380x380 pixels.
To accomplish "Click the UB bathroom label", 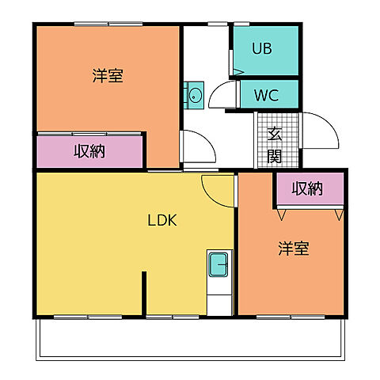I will coord(262,48).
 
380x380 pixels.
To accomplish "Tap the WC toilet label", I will coord(265,96).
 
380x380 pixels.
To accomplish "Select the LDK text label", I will coord(161,221).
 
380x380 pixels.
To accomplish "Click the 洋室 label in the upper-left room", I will coord(107,77).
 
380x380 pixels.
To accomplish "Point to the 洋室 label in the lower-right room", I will coord(293,249).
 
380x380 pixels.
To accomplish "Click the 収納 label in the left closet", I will coord(89,151).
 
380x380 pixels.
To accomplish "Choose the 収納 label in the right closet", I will coord(307,188).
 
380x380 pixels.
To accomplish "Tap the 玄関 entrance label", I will coord(274,145).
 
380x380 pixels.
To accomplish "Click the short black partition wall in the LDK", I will coord(144,294).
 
